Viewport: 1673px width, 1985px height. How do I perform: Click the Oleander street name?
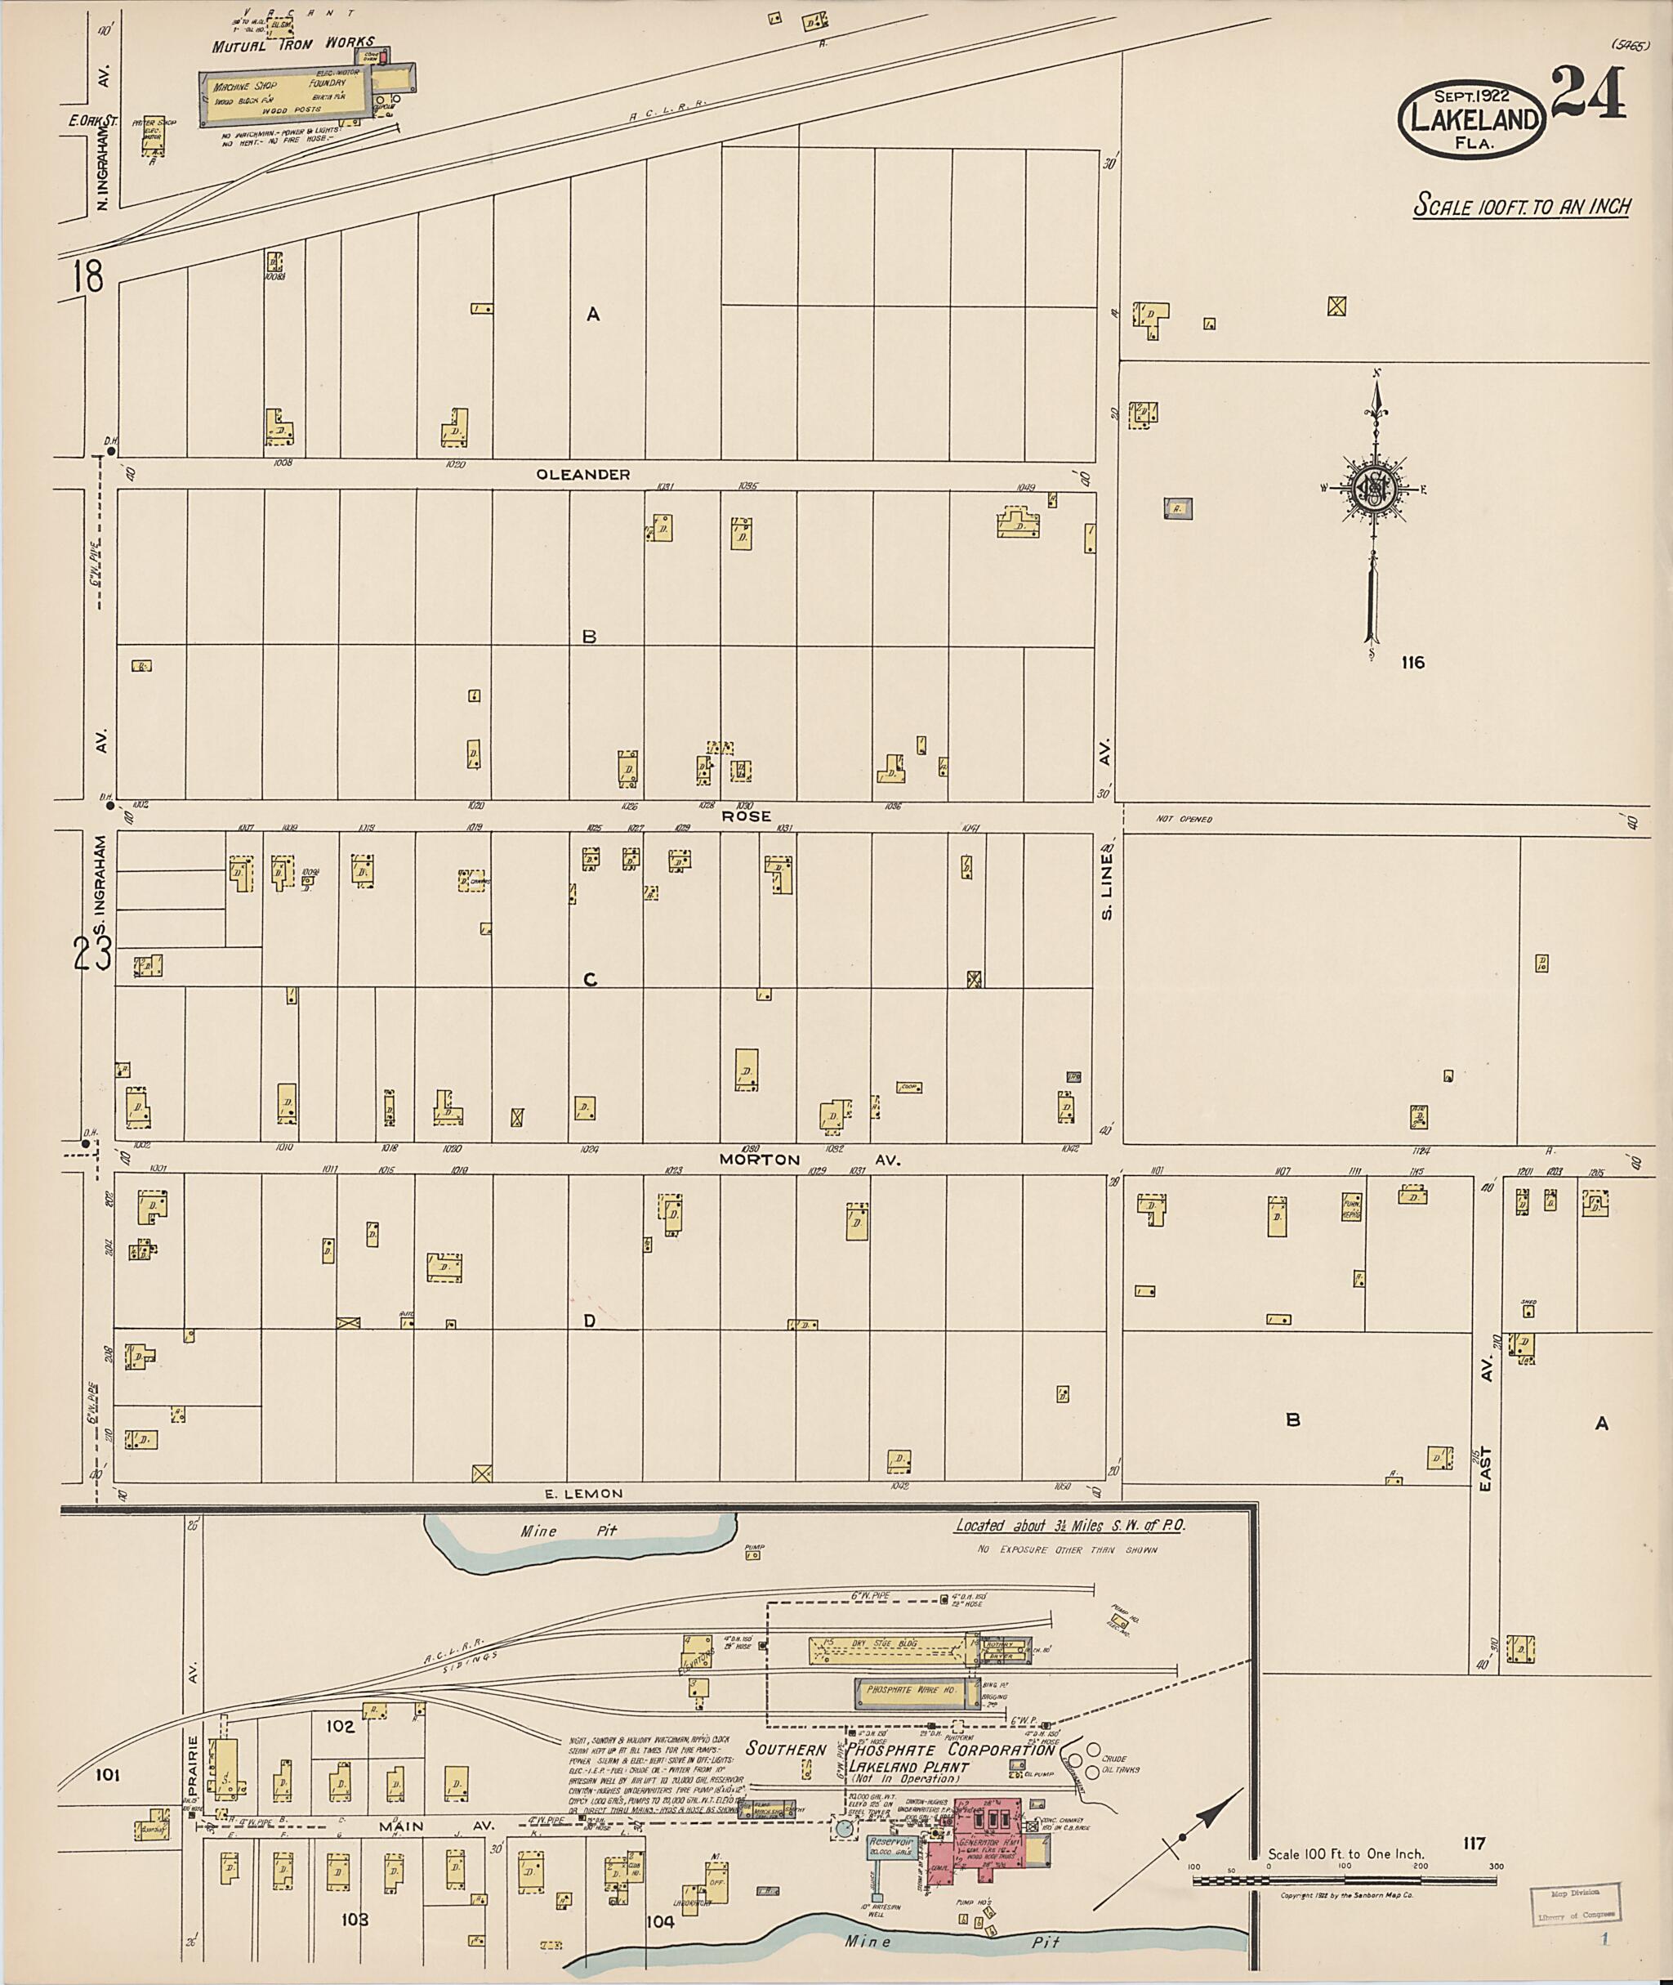(583, 475)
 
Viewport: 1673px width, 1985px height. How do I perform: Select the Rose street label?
(747, 816)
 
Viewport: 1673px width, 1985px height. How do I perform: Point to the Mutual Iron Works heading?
(293, 45)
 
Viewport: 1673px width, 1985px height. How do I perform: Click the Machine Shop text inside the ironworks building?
(245, 85)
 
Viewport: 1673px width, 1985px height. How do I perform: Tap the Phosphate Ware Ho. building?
(908, 1690)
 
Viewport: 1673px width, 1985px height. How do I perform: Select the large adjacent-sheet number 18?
(87, 277)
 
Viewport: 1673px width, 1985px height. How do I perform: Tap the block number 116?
(1412, 662)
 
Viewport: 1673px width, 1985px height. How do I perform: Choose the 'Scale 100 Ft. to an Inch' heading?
(1521, 206)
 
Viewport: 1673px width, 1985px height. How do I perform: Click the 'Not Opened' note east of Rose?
(1184, 819)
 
